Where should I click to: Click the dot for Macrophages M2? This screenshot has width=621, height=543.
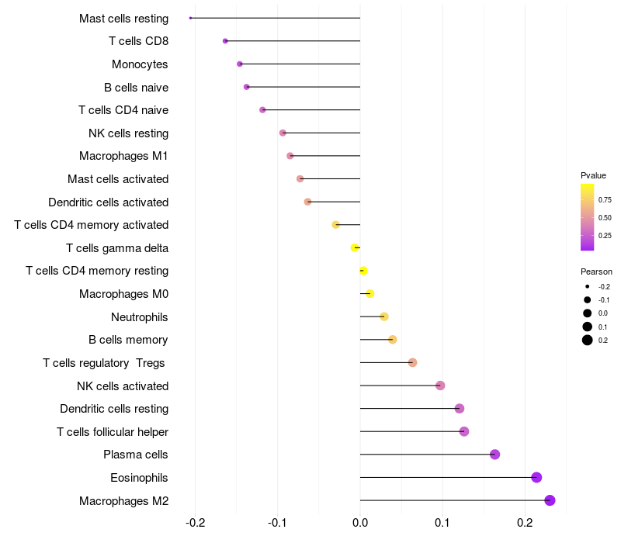point(550,500)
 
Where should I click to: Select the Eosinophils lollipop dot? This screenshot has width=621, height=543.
point(536,477)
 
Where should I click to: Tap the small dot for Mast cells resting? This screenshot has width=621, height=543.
point(190,18)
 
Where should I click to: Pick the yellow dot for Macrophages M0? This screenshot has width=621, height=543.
point(370,294)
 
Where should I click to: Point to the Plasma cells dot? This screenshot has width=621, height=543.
point(494,455)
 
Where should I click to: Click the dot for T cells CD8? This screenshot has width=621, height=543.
point(225,41)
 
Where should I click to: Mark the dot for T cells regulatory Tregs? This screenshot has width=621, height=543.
point(412,362)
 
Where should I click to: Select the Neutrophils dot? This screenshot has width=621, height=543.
point(383,316)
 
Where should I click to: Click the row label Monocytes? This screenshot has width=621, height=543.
point(140,64)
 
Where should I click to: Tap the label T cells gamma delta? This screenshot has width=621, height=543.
point(117,248)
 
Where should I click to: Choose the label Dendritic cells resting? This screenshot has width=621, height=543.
point(114,409)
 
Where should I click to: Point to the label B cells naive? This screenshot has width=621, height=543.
point(137,88)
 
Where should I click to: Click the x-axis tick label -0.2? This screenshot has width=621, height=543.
point(196,523)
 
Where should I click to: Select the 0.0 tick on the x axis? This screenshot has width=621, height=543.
point(360,523)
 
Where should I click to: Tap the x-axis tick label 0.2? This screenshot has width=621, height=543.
point(525,523)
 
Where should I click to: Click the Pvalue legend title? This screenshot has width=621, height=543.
point(593,175)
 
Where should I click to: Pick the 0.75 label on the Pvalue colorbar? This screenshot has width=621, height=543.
point(605,200)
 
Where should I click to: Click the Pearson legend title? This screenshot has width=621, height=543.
point(596,271)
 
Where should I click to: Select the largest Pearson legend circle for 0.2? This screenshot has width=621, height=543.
point(588,340)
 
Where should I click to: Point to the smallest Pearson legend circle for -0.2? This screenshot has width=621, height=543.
point(588,286)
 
